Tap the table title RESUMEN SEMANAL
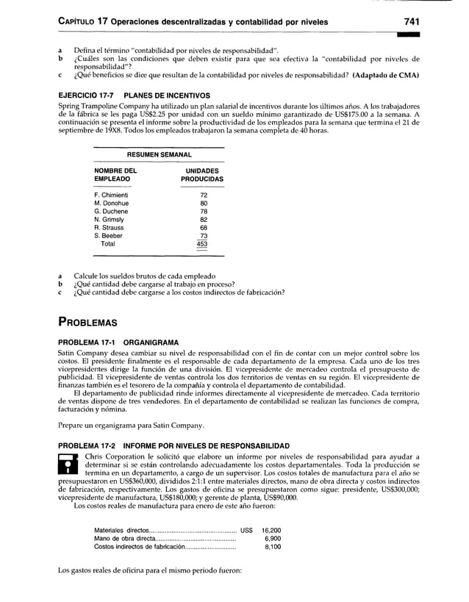click(x=160, y=155)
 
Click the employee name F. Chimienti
click(x=112, y=195)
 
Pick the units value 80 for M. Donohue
click(x=204, y=203)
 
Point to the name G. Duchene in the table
click(x=111, y=211)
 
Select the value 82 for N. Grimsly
click(x=204, y=219)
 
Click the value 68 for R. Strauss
click(x=204, y=227)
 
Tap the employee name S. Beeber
click(x=109, y=235)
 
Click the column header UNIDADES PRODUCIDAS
click(x=202, y=174)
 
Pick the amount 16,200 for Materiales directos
click(x=271, y=530)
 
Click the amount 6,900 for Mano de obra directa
click(x=273, y=538)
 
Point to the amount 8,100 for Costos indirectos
click(x=273, y=546)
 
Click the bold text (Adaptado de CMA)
click(x=376, y=76)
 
